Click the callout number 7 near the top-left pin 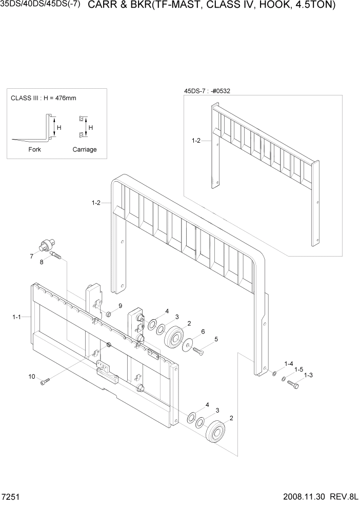tap(32, 255)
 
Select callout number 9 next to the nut tap(120, 306)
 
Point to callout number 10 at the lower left tap(32, 376)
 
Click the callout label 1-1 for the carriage tap(16, 318)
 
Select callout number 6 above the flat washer tap(203, 332)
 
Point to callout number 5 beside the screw tap(216, 339)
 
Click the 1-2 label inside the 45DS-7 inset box tap(195, 140)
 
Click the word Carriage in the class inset tap(85, 150)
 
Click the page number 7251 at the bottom tap(11, 498)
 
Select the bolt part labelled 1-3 tap(293, 383)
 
